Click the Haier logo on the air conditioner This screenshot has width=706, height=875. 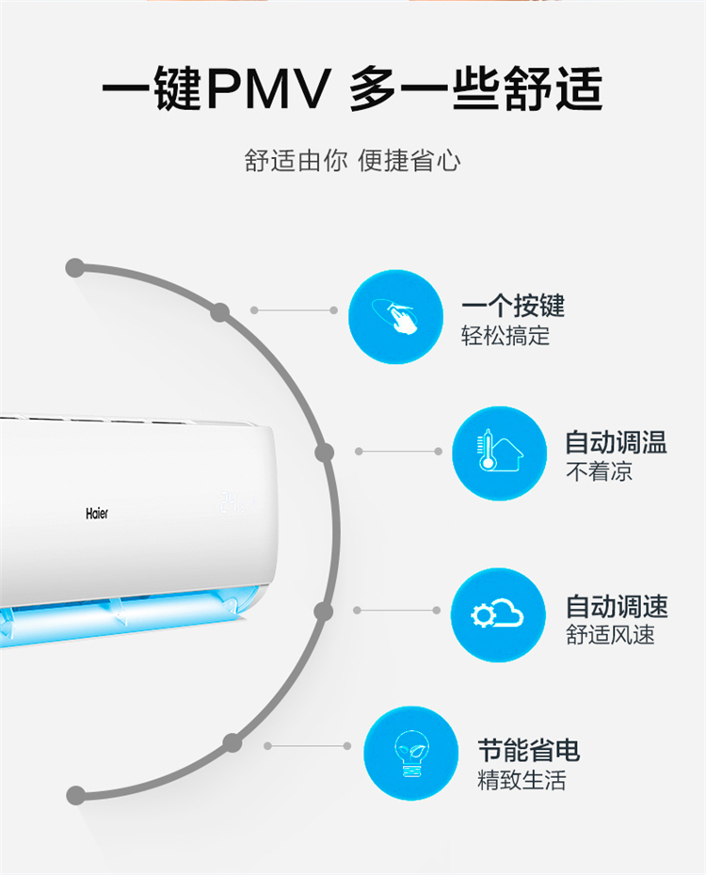tap(97, 514)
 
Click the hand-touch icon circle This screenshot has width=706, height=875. tap(395, 317)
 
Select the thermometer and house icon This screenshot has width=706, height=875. tap(500, 453)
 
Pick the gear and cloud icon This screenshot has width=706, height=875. tap(498, 615)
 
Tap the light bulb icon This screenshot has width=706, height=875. tap(411, 753)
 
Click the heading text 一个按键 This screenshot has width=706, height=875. tap(513, 305)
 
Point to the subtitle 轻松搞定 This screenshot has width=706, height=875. tap(505, 336)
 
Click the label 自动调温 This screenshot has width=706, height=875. tap(617, 442)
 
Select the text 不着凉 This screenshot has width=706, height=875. tap(599, 472)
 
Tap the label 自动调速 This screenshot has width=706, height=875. tap(617, 606)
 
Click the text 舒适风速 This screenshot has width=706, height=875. tap(610, 635)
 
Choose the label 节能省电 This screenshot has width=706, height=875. tap(528, 750)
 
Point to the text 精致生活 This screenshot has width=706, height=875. tap(521, 780)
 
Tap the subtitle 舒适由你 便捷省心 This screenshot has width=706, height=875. tap(353, 161)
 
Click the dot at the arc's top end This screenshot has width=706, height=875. tap(74, 268)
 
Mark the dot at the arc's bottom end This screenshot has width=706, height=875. tap(75, 795)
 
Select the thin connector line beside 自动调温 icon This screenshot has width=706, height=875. tap(398, 451)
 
